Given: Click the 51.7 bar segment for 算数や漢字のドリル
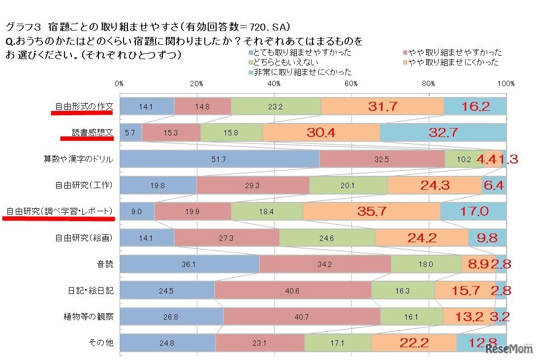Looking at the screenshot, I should coord(220,159).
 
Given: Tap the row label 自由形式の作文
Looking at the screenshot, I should coord(84,106).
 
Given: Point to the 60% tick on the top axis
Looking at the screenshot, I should coord(351,84).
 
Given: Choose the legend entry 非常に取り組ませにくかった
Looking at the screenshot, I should coord(302,72).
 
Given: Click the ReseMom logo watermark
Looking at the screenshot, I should coord(509,349).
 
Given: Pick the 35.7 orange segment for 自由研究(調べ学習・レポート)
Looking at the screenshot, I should coord(371,212).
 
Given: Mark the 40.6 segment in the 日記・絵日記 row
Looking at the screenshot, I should coord(292,291).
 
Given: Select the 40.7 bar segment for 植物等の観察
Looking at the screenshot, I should coord(301,317).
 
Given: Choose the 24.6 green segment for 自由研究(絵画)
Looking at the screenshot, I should coord(327,238).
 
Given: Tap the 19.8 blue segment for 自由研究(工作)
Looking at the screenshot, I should coord(158,186).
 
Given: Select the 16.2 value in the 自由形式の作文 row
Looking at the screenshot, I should coord(475,106).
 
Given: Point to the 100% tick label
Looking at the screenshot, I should coord(506,84).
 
